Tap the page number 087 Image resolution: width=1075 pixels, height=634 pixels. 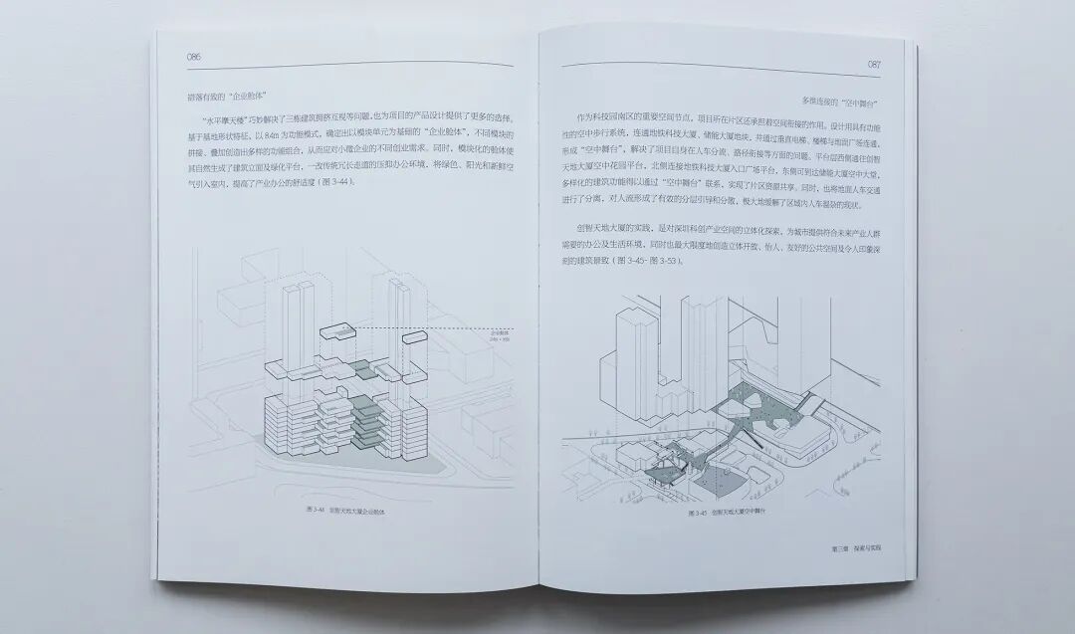(874, 64)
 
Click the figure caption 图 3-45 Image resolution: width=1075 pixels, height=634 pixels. (731, 513)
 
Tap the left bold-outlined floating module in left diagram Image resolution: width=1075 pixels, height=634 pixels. (338, 337)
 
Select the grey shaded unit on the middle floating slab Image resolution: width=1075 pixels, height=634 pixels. (368, 371)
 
